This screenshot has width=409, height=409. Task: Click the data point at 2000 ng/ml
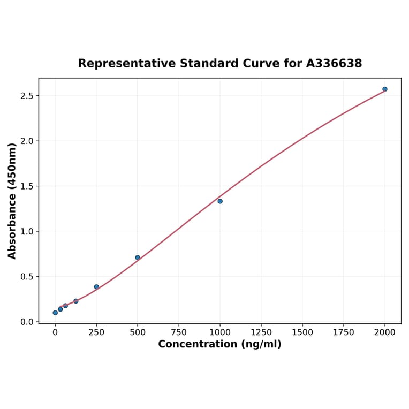pyautogui.click(x=385, y=89)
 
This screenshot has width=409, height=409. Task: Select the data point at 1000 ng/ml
pyautogui.click(x=220, y=201)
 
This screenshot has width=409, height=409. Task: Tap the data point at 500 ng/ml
pyautogui.click(x=138, y=257)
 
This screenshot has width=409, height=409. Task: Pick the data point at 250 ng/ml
pyautogui.click(x=96, y=287)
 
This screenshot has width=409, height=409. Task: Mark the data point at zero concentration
pyautogui.click(x=55, y=313)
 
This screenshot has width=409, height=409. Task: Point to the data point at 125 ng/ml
pyautogui.click(x=76, y=301)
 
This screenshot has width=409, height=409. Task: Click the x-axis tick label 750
pyautogui.click(x=179, y=332)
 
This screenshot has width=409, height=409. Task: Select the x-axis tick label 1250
pyautogui.click(x=261, y=332)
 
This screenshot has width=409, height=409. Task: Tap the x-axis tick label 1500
pyautogui.click(x=302, y=332)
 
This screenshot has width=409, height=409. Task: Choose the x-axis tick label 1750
pyautogui.click(x=344, y=332)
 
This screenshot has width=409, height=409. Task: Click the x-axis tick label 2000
pyautogui.click(x=385, y=332)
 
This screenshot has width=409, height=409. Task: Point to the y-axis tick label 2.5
pyautogui.click(x=27, y=96)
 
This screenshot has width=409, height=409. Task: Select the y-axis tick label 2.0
pyautogui.click(x=27, y=141)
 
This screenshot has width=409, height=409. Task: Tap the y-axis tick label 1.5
pyautogui.click(x=27, y=186)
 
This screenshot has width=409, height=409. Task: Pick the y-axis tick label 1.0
pyautogui.click(x=27, y=232)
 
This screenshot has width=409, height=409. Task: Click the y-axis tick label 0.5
pyautogui.click(x=27, y=277)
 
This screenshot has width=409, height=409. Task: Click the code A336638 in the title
pyautogui.click(x=334, y=64)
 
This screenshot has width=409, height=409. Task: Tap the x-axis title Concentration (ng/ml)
pyautogui.click(x=219, y=344)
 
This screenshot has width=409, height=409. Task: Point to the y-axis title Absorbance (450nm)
pyautogui.click(x=12, y=201)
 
